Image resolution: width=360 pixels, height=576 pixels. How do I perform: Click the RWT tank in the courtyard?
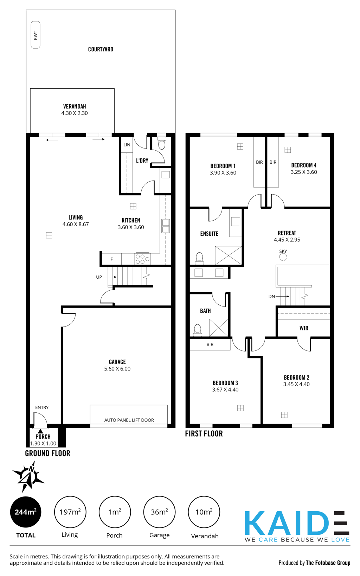(36, 35)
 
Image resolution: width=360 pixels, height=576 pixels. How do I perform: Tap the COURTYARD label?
(101, 49)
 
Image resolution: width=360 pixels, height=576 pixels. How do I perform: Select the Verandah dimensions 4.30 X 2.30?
(75, 113)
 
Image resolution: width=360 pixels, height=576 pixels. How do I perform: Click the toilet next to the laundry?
(162, 144)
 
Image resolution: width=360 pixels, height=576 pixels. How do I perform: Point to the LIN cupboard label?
(127, 145)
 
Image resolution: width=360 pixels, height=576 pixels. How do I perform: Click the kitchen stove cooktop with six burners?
(142, 259)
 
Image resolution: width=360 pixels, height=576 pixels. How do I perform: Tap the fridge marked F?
(111, 259)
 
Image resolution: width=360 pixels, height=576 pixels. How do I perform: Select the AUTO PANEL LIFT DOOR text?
(129, 420)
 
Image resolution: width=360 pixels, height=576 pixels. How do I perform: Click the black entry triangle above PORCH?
(40, 431)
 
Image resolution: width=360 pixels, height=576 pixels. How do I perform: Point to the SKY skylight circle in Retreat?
(283, 257)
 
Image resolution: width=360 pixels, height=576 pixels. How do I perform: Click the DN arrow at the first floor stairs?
(282, 297)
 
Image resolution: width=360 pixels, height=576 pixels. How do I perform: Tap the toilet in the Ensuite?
(199, 258)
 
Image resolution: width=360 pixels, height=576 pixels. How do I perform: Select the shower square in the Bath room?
(219, 328)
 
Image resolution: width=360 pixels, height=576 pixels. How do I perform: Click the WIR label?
(304, 328)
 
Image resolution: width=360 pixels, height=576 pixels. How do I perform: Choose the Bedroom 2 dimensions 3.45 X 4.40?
(296, 384)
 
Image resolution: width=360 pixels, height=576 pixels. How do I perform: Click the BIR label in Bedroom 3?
(210, 344)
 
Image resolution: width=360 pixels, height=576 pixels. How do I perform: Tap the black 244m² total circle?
(26, 512)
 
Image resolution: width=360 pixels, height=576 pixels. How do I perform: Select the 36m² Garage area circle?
(159, 512)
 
